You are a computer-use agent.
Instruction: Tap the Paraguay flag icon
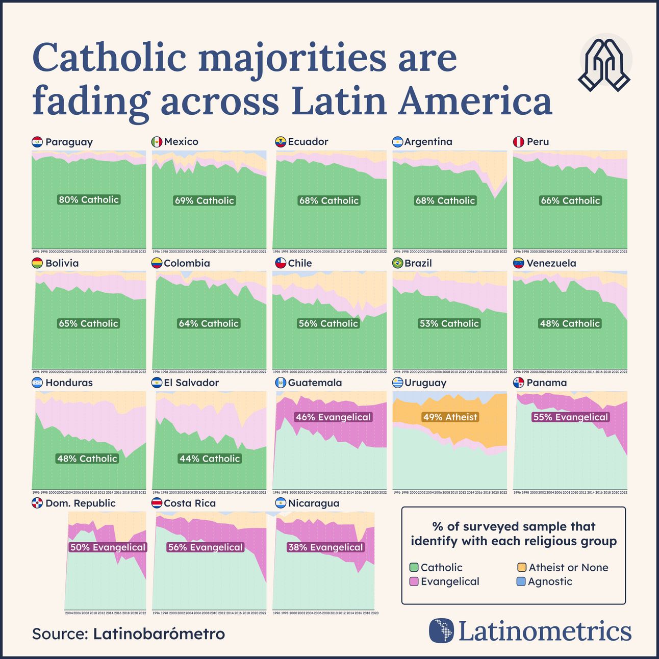point(37,142)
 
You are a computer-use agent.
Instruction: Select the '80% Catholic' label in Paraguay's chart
point(89,199)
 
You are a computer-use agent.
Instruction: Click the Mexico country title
point(181,142)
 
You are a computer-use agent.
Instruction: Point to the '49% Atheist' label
point(450,417)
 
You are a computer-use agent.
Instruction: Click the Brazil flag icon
point(397,263)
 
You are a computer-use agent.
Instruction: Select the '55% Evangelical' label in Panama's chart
point(570,417)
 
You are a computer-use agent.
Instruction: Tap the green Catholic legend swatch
point(414,567)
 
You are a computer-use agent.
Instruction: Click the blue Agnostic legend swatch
point(521,581)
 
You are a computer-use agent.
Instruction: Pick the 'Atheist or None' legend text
point(568,567)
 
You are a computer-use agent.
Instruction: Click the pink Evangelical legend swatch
point(414,581)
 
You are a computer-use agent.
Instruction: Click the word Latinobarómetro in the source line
point(159,634)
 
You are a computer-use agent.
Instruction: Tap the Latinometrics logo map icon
point(441,631)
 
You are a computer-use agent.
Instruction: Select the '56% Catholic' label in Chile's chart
point(328,323)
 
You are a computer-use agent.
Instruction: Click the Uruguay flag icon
point(397,383)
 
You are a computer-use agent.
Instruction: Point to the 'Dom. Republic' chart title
point(80,503)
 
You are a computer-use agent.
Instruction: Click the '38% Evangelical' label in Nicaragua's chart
point(325,547)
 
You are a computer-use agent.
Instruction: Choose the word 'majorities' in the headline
point(292,58)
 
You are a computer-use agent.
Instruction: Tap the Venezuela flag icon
point(518,263)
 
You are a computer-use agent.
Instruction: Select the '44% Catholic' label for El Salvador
point(209,459)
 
